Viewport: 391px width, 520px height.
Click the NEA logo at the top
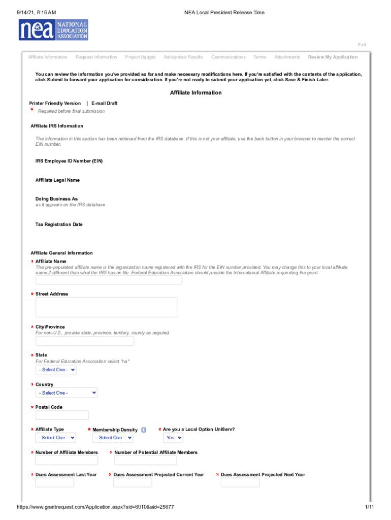tap(53, 30)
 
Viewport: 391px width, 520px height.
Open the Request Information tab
tap(96, 57)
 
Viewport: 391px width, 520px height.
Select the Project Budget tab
tap(140, 57)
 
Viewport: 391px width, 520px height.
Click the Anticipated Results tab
tap(183, 57)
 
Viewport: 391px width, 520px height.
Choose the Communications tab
tap(228, 57)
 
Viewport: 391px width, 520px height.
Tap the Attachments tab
tap(287, 57)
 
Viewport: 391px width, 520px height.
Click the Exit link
tap(362, 45)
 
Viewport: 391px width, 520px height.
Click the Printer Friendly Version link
tap(55, 104)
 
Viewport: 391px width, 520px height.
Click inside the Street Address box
tap(107, 307)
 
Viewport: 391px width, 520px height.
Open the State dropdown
tap(56, 370)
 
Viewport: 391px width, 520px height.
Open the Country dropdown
tap(67, 393)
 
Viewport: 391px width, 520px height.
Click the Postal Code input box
tap(62, 415)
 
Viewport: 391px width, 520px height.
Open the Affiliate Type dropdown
tap(56, 438)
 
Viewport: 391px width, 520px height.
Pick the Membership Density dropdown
tap(113, 438)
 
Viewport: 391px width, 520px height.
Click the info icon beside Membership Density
tap(144, 430)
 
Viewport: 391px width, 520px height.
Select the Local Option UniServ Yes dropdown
tap(173, 438)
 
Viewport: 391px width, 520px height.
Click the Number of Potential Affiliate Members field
tap(146, 461)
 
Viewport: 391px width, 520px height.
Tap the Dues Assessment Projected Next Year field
tap(240, 482)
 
